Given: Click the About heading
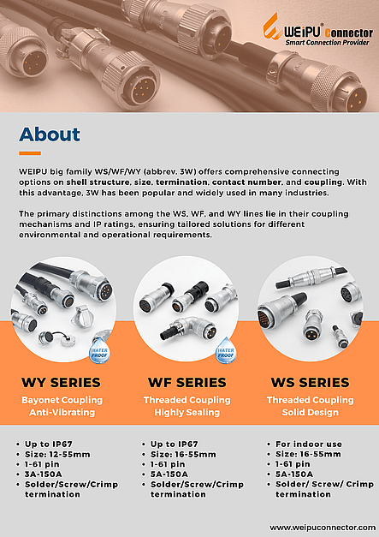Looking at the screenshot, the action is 50,134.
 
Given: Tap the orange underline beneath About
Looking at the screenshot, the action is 30,153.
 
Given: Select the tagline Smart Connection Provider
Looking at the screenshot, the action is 328,43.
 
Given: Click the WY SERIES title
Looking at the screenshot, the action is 61,382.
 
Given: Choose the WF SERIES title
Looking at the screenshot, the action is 187,382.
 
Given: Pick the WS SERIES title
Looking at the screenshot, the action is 311,382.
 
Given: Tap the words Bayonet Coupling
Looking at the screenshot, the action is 62,400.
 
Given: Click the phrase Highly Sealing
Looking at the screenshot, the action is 187,412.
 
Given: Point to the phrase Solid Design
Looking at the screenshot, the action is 311,412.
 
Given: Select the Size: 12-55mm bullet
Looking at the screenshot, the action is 57,455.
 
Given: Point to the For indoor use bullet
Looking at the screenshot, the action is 309,445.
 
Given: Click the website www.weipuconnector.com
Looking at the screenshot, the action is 323,528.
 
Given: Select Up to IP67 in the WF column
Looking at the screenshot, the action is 175,445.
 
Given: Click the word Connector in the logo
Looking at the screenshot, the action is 349,33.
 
